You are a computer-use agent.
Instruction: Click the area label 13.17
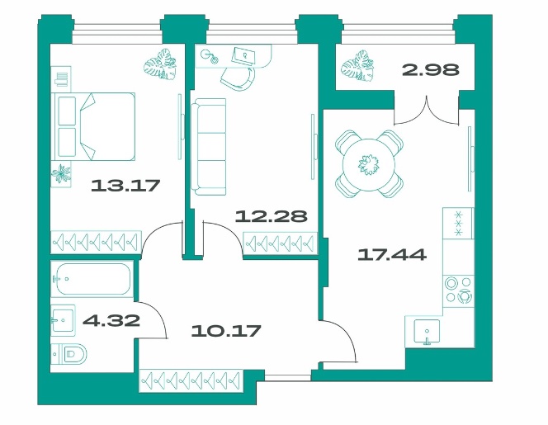pyautogui.click(x=125, y=185)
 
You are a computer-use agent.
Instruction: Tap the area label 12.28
pyautogui.click(x=272, y=216)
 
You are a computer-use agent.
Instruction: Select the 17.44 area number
pyautogui.click(x=392, y=254)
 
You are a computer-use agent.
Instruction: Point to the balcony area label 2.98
pyautogui.click(x=431, y=70)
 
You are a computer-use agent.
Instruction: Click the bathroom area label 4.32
pyautogui.click(x=111, y=320)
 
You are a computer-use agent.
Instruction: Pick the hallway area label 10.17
pyautogui.click(x=226, y=331)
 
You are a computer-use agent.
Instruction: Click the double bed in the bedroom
pyautogui.click(x=93, y=126)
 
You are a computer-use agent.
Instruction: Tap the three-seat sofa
pyautogui.click(x=208, y=146)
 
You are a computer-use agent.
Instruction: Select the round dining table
pyautogui.click(x=369, y=164)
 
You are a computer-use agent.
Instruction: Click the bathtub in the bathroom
pyautogui.click(x=92, y=279)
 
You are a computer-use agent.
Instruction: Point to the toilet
pyautogui.click(x=69, y=354)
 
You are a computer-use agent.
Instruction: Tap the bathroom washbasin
pyautogui.click(x=64, y=320)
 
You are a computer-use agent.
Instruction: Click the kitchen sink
pyautogui.click(x=427, y=331)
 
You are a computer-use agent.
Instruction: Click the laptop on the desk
pyautogui.click(x=243, y=55)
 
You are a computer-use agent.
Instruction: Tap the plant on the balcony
pyautogui.click(x=358, y=66)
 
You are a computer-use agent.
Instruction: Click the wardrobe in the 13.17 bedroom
pyautogui.click(x=96, y=242)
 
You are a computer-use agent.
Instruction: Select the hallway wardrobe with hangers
pyautogui.click(x=191, y=380)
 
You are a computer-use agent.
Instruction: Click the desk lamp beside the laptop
pyautogui.click(x=209, y=56)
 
